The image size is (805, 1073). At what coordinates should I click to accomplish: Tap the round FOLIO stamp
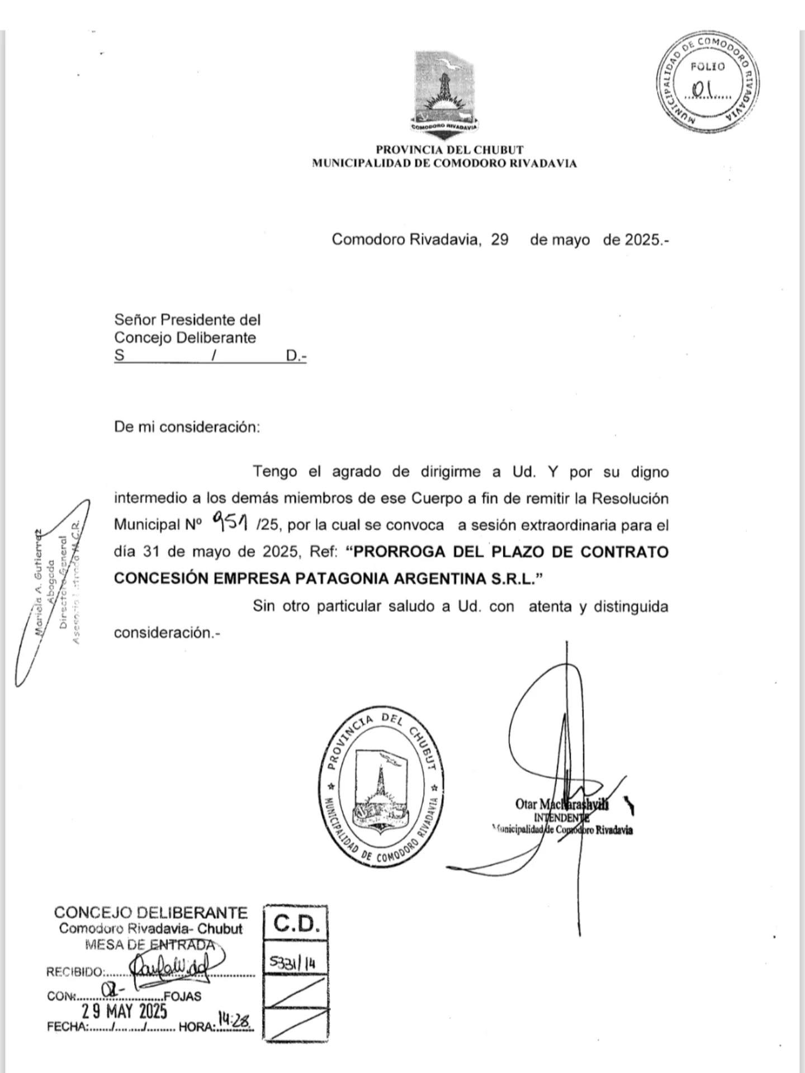click(x=709, y=82)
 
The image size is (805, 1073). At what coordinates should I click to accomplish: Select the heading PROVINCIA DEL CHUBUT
click(x=449, y=150)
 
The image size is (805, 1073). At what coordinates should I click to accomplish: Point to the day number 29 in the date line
click(x=500, y=240)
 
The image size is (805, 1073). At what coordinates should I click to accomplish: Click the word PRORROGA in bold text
click(x=399, y=552)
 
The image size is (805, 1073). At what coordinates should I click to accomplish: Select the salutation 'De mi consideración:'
click(x=187, y=427)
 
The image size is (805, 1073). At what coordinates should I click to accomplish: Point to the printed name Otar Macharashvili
click(x=561, y=804)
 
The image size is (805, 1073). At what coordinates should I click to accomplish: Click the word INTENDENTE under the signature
click(x=561, y=817)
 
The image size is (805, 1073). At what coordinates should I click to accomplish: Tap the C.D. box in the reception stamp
click(x=296, y=924)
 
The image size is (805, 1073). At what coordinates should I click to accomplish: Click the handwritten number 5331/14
click(x=292, y=963)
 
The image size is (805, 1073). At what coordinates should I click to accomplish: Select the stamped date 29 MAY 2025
click(x=124, y=1010)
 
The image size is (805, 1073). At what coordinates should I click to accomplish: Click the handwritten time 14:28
click(x=235, y=1020)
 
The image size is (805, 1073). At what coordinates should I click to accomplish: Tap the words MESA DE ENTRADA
click(x=150, y=944)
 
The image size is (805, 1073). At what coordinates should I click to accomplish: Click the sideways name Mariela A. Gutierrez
click(x=39, y=581)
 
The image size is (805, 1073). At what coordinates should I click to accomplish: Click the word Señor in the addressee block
click(x=135, y=320)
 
